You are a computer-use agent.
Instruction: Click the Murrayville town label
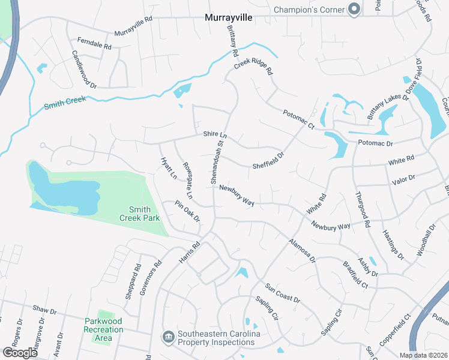(229, 18)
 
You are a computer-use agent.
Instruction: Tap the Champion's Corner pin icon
(354, 9)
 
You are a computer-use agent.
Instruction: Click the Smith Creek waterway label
(65, 103)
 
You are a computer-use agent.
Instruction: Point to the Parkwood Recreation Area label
(104, 329)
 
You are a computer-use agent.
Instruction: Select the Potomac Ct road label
(298, 119)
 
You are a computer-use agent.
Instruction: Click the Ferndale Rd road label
(94, 43)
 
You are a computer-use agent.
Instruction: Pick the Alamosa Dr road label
(301, 250)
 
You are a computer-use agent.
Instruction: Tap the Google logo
(20, 353)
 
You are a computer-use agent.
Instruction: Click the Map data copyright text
(424, 355)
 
